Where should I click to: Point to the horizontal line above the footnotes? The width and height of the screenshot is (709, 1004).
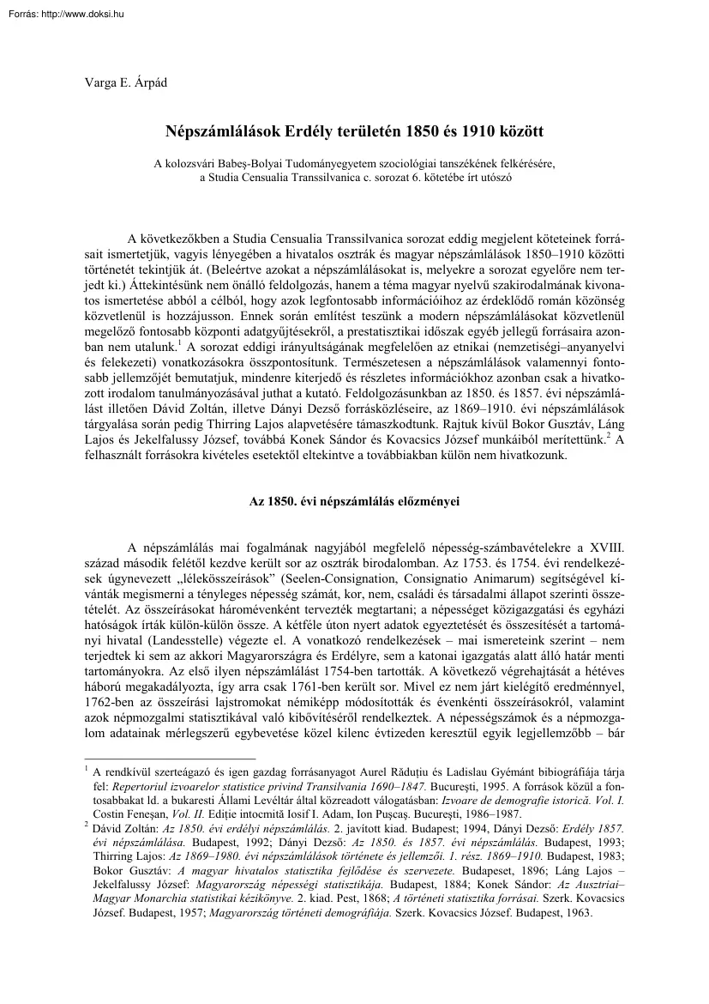coord(171,759)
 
